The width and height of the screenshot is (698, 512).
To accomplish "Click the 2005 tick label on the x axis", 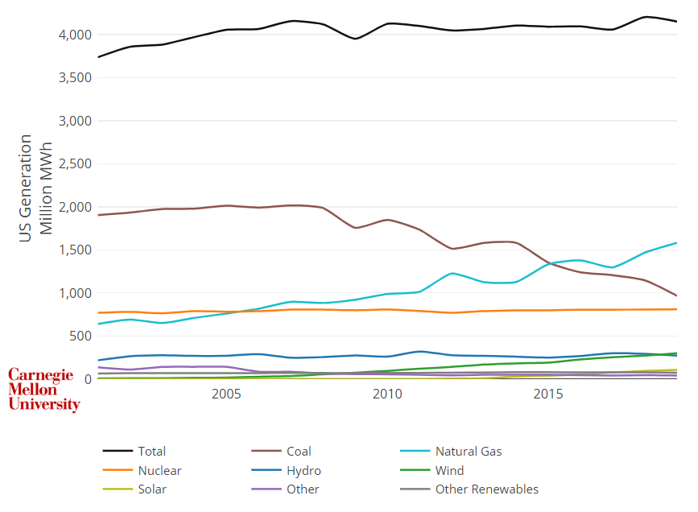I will coord(226,394).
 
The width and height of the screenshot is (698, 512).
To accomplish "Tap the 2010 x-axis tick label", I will coord(387,394).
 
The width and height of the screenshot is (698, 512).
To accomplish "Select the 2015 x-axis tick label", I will coord(548,394).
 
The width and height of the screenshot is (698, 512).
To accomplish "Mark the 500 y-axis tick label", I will coord(81,336).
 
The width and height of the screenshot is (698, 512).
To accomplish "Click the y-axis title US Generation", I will coord(27,187).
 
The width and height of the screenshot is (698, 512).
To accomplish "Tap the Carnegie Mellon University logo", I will coord(43,390).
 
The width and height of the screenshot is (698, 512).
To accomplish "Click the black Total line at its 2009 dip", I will coord(355,39).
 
